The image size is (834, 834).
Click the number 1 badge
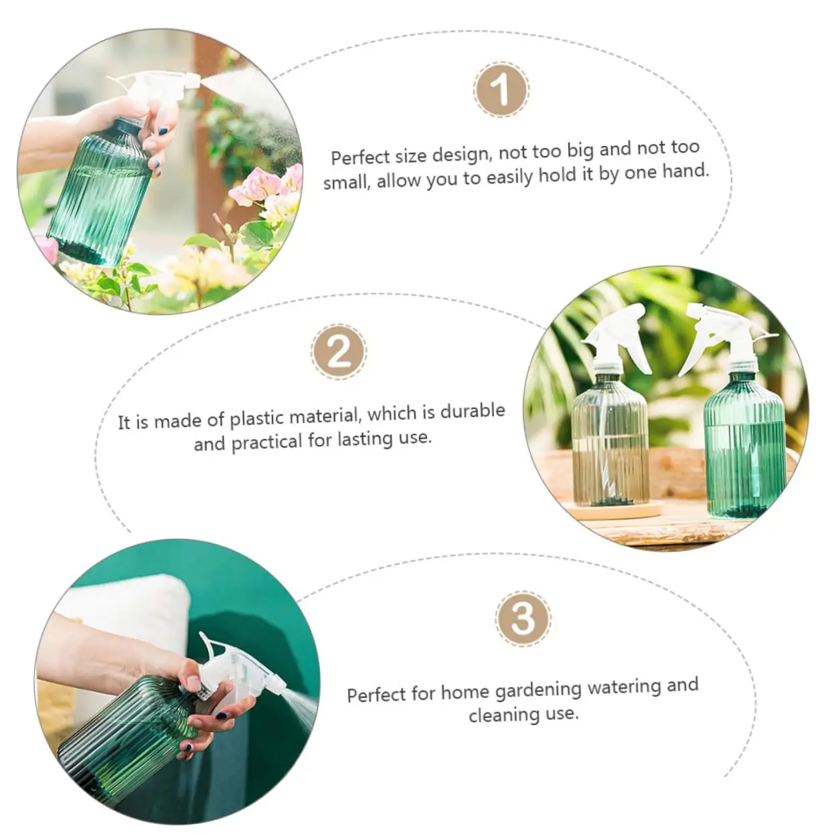501,90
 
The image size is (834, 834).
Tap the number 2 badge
339,351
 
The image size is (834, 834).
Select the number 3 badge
523,618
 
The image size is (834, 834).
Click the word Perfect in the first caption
359,157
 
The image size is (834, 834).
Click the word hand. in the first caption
685,171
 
